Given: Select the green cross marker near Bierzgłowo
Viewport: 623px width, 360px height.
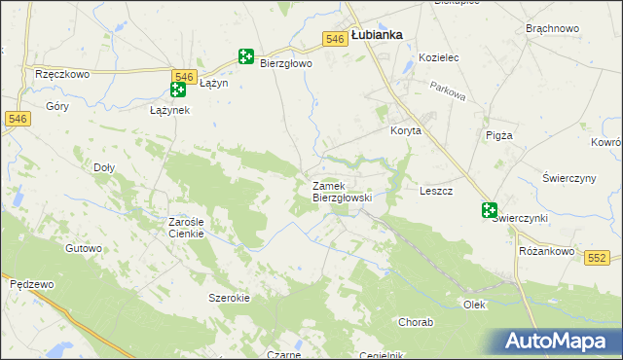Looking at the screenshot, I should point(245,58).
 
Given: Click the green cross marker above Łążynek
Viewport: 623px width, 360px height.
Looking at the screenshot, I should point(178,90).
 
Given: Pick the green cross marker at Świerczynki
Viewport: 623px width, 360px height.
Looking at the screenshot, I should point(489,210).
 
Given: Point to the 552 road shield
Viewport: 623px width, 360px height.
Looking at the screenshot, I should point(598,257).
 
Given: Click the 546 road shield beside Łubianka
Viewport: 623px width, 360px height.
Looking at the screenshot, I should point(335,38).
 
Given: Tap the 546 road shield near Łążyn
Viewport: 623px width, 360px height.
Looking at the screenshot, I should point(183,76).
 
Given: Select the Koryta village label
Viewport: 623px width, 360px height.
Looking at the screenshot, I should point(405,131).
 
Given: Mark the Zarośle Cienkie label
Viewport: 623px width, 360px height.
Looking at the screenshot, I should point(185,228).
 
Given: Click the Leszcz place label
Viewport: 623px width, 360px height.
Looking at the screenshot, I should point(435,192).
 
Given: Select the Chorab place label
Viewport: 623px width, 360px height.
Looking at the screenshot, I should point(416,321).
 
